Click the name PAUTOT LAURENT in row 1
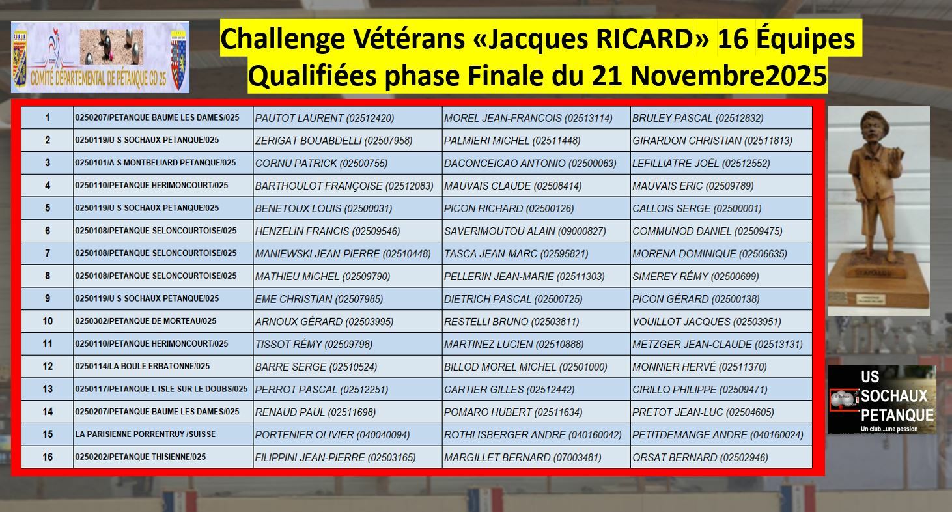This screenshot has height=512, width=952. pyautogui.click(x=324, y=118)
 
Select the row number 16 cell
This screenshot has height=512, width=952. pyautogui.click(x=48, y=457)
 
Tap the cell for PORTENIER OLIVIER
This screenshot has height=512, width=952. pyautogui.click(x=332, y=434)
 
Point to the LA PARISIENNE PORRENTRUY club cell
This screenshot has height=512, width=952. pyautogui.click(x=145, y=434)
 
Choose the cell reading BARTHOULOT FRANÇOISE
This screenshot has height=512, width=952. pyautogui.click(x=344, y=186)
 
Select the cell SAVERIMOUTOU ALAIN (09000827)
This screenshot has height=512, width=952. pyautogui.click(x=525, y=231)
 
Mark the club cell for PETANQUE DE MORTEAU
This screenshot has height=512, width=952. pyautogui.click(x=146, y=321)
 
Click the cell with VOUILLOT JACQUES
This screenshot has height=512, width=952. pyautogui.click(x=707, y=321)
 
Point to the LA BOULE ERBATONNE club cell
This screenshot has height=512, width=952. pyautogui.click(x=143, y=367)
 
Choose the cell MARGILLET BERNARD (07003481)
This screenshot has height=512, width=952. pyautogui.click(x=522, y=457)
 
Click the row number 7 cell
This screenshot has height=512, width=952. pyautogui.click(x=48, y=253)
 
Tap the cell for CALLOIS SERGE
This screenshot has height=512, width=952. pyautogui.click(x=696, y=208)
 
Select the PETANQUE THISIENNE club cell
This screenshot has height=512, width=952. pyautogui.click(x=141, y=457)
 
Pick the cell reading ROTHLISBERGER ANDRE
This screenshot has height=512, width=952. pyautogui.click(x=533, y=434)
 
